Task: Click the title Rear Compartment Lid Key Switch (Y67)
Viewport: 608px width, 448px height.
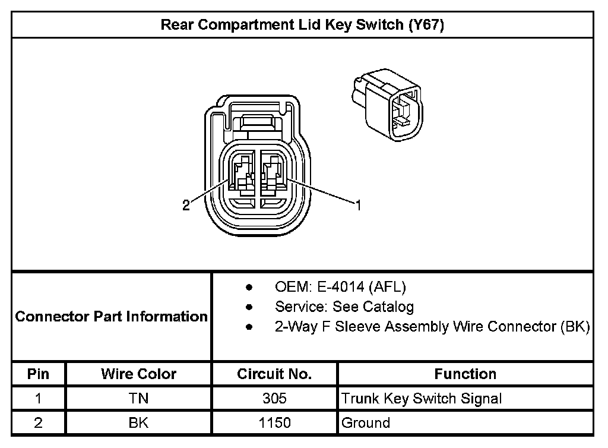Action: click(302, 26)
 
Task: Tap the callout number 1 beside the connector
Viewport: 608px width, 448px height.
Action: click(358, 206)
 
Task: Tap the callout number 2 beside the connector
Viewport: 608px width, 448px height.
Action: click(186, 206)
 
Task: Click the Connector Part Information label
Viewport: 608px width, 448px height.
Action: click(111, 316)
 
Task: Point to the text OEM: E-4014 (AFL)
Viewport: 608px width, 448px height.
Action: click(340, 288)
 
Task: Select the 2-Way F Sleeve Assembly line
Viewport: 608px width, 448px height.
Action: click(432, 327)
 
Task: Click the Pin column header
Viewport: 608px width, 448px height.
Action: click(38, 374)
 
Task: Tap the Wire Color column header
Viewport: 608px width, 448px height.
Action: click(138, 374)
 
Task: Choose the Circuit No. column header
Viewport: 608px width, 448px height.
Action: click(274, 374)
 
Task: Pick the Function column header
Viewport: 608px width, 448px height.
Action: click(465, 374)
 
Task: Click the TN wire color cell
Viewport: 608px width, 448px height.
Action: click(138, 399)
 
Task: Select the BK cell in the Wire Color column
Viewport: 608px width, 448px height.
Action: click(138, 423)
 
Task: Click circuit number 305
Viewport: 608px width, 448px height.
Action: click(274, 399)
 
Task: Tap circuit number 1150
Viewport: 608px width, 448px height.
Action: click(274, 423)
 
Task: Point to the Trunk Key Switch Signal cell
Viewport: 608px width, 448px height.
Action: click(422, 399)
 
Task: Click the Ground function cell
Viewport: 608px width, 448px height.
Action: click(366, 423)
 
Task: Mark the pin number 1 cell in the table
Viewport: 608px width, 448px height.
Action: click(38, 399)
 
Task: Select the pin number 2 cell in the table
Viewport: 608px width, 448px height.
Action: click(38, 423)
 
